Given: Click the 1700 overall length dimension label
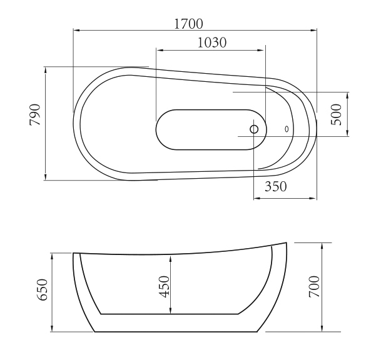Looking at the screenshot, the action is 188,24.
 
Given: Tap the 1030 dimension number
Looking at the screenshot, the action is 212,42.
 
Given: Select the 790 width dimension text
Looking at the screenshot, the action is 35,114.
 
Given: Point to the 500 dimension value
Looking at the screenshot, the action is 336,114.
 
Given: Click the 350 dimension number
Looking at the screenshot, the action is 276,186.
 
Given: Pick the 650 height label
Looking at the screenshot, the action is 43,289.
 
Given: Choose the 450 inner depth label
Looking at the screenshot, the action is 164,286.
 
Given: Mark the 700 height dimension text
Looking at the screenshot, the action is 314,286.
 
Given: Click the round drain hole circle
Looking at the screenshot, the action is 254,129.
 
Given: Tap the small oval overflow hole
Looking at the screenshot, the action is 287,129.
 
